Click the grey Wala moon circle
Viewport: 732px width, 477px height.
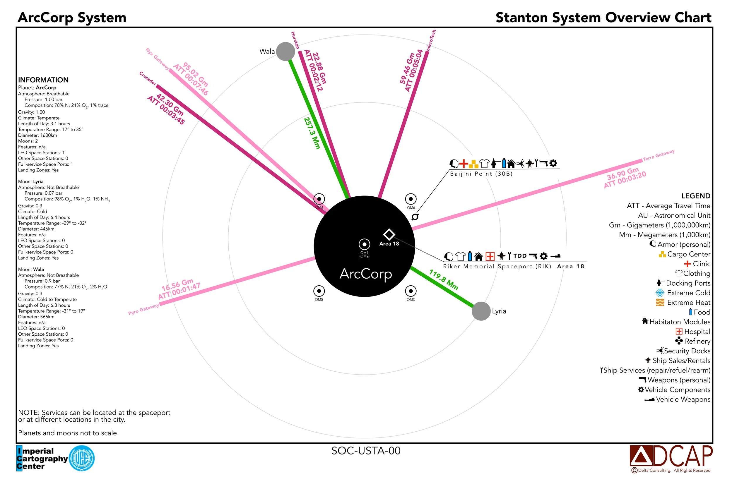point(285,51)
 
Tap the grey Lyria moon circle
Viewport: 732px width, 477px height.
point(481,311)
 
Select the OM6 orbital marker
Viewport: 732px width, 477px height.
point(411,199)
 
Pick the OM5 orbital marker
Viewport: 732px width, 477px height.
point(319,291)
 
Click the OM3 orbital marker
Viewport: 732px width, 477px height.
point(411,291)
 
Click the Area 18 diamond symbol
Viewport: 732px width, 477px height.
point(389,234)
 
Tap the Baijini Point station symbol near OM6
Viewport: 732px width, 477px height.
point(415,217)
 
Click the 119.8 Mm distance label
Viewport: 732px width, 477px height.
point(444,280)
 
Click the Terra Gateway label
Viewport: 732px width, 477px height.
point(659,155)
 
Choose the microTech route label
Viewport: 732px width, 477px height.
point(431,40)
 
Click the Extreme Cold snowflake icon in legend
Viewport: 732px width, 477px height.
point(660,293)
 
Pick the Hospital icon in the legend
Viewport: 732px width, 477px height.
point(679,331)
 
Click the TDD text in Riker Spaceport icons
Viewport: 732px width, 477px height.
point(520,256)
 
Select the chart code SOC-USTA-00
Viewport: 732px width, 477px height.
point(366,451)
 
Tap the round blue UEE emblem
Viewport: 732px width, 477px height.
point(81,458)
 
